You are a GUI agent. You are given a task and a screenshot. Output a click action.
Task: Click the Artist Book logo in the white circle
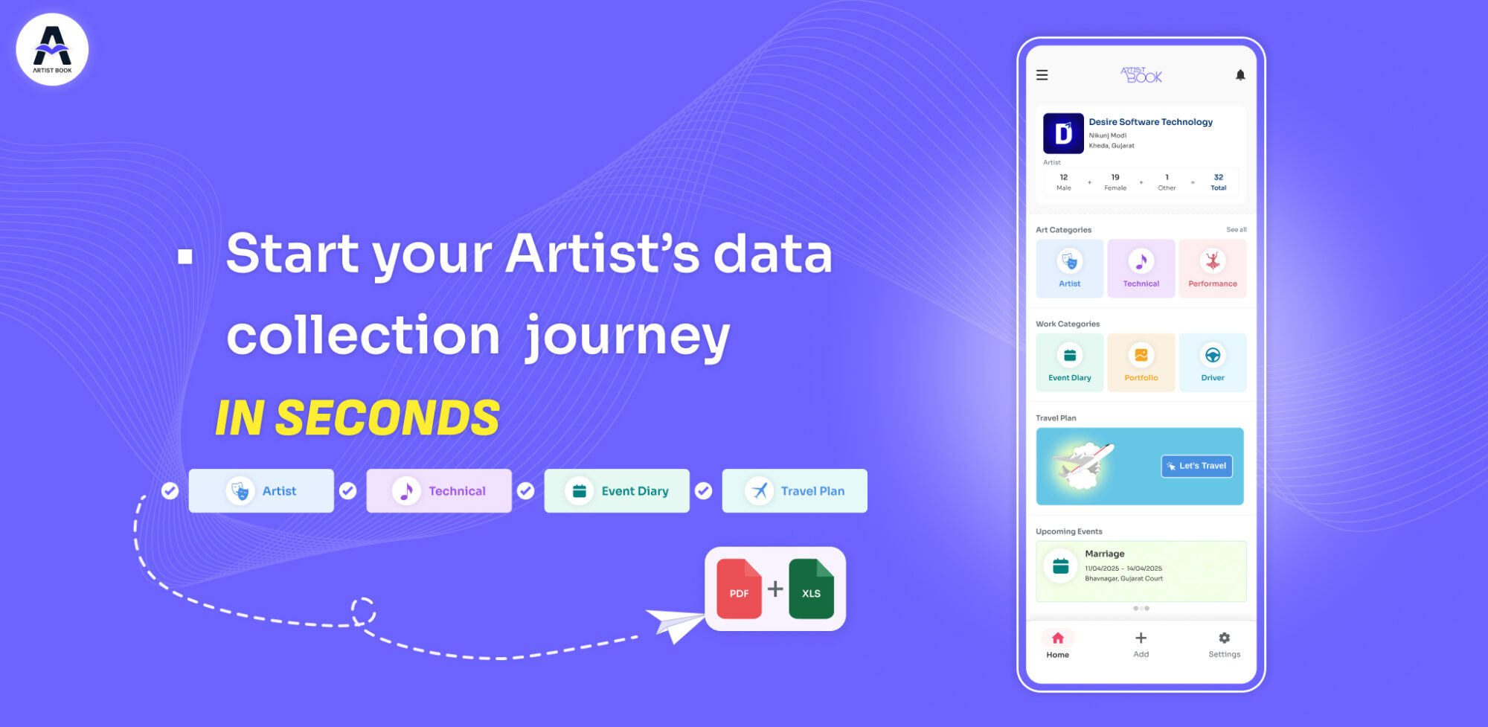(x=52, y=50)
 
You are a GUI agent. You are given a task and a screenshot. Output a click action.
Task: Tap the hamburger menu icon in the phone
(x=1042, y=75)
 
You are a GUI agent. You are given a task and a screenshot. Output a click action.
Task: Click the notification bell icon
(x=1240, y=75)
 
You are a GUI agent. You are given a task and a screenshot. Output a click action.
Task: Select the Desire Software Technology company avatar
(x=1063, y=133)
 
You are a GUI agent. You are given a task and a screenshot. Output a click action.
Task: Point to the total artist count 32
(x=1219, y=177)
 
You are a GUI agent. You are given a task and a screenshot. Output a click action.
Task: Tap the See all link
(x=1237, y=230)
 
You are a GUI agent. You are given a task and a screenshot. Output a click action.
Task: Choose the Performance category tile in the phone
(x=1213, y=269)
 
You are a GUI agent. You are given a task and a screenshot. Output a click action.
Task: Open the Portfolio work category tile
(x=1141, y=362)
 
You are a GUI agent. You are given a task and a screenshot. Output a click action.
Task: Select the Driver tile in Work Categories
(x=1213, y=362)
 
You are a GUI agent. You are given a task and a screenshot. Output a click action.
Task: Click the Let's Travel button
(x=1197, y=466)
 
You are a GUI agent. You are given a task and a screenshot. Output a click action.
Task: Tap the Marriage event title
(x=1105, y=554)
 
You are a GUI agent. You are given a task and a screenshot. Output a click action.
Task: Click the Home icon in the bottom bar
(x=1058, y=638)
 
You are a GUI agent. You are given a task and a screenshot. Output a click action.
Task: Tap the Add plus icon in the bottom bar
(x=1141, y=638)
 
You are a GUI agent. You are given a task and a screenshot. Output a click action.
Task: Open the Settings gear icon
(x=1225, y=638)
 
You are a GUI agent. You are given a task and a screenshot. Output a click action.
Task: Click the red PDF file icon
(x=740, y=589)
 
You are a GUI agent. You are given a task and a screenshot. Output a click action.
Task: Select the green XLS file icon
(x=812, y=589)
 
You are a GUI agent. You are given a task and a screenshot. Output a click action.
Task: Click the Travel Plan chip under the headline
(x=795, y=491)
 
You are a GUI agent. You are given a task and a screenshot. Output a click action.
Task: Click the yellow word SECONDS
(x=388, y=417)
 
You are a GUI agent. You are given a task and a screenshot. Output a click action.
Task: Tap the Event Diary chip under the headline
(x=617, y=491)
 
